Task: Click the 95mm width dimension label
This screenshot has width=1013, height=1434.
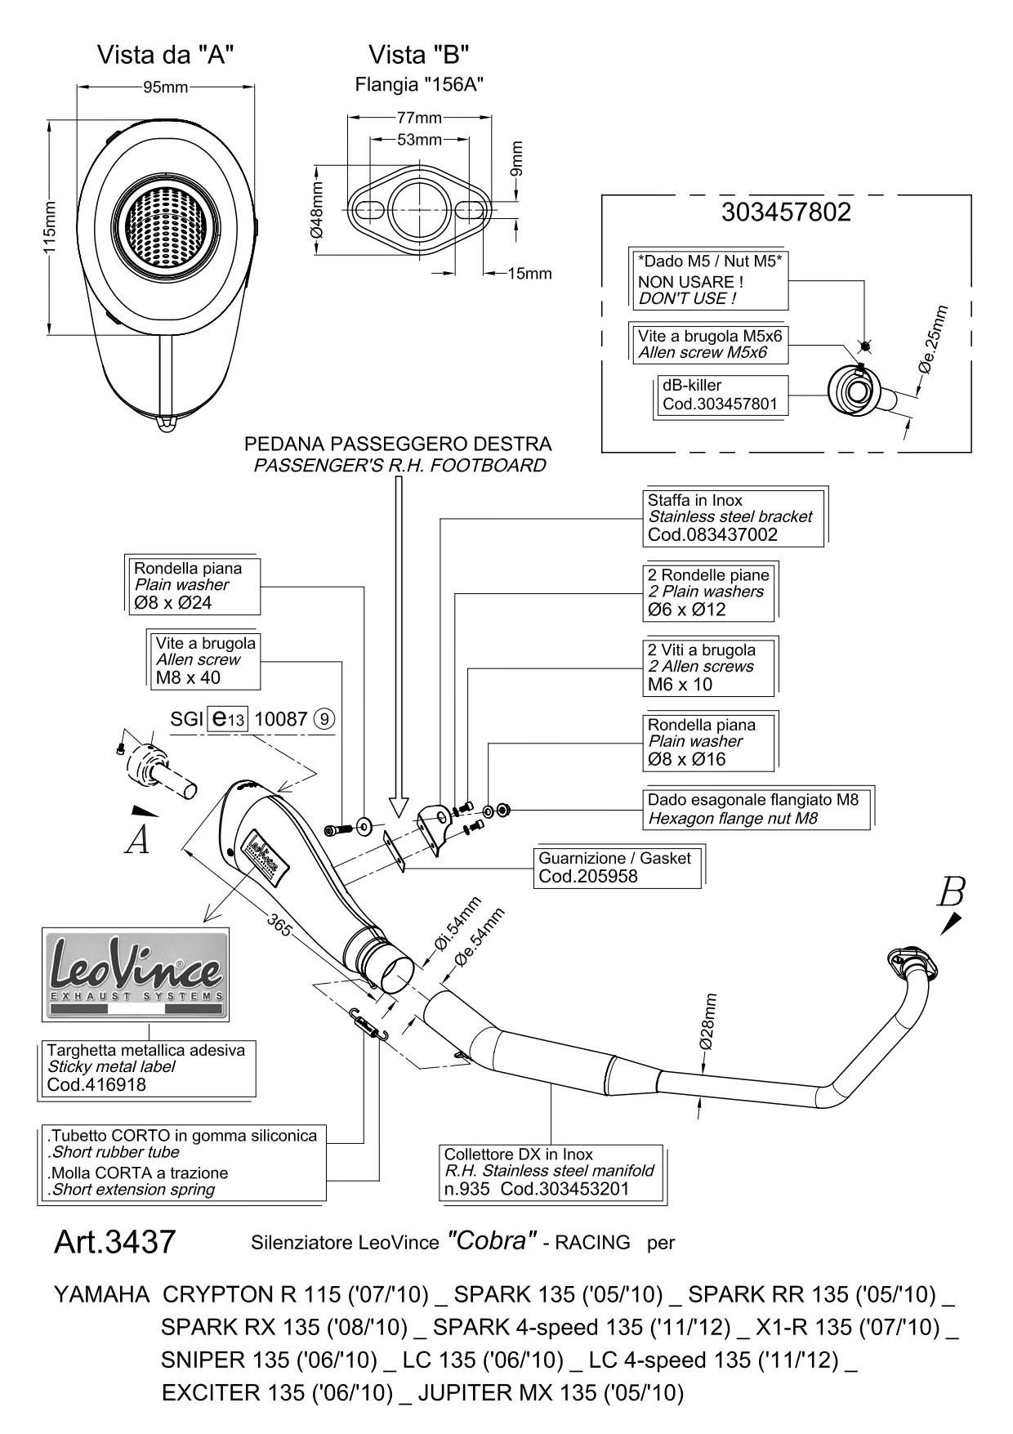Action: pyautogui.click(x=166, y=87)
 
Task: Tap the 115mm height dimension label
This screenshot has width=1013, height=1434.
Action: pyautogui.click(x=51, y=230)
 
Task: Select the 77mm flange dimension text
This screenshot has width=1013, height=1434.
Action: pyautogui.click(x=419, y=118)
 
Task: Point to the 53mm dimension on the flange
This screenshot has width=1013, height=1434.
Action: pyautogui.click(x=419, y=140)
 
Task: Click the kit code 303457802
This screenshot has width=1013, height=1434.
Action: pyautogui.click(x=786, y=212)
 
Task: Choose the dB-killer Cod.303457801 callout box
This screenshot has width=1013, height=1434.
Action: pyautogui.click(x=721, y=395)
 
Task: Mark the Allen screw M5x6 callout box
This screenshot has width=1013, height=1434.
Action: pyautogui.click(x=708, y=344)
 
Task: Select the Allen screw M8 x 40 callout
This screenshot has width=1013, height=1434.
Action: pyautogui.click(x=204, y=660)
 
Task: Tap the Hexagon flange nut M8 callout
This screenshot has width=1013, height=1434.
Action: pyautogui.click(x=756, y=809)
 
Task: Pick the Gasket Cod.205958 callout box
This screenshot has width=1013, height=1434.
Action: pyautogui.click(x=618, y=868)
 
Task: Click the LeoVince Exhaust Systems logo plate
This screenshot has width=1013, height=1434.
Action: pyautogui.click(x=136, y=974)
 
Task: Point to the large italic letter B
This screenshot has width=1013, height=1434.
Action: pyautogui.click(x=952, y=892)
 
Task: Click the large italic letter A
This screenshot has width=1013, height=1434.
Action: pyautogui.click(x=137, y=840)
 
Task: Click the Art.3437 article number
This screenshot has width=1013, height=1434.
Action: pyautogui.click(x=114, y=1243)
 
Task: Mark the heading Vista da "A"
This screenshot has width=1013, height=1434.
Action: pyautogui.click(x=166, y=55)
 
